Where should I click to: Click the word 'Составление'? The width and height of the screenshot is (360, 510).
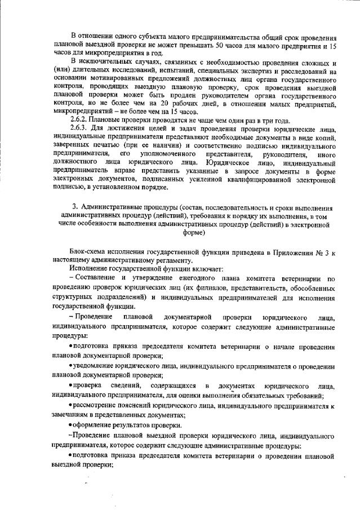point(97,278)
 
